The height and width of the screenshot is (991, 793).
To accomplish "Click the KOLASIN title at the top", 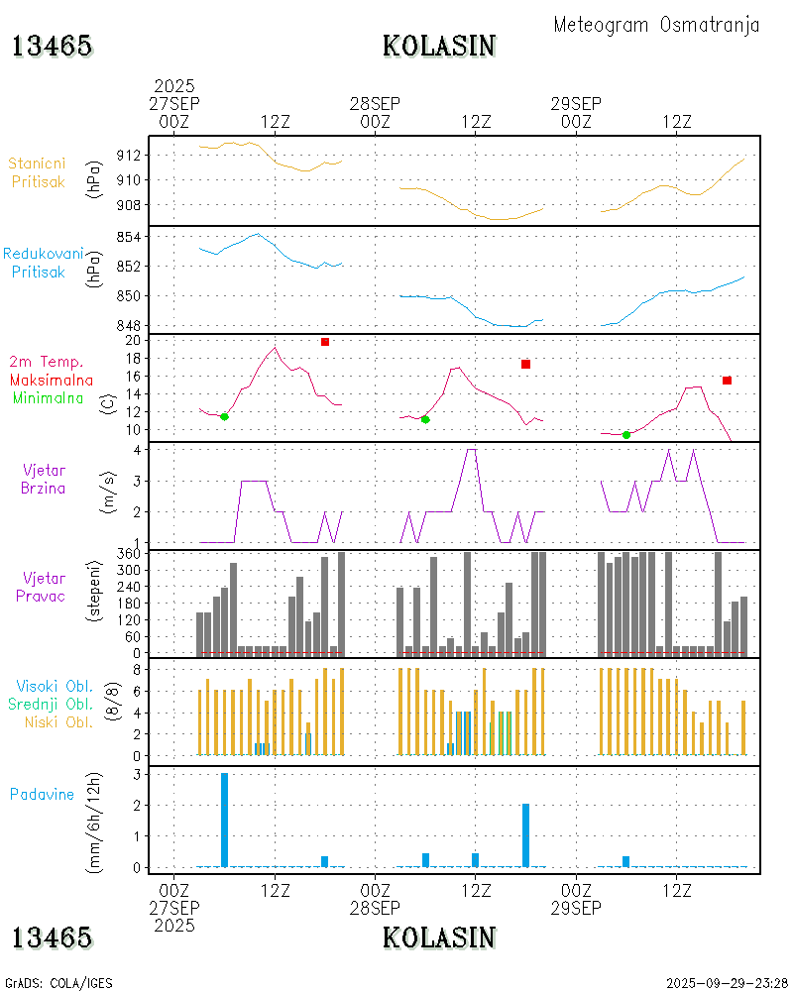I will (x=439, y=46).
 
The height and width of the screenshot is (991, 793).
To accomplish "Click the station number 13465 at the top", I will (x=52, y=46).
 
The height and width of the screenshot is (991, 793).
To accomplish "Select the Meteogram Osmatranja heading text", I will (x=656, y=25).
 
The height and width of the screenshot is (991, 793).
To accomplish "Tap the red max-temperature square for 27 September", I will (x=325, y=342).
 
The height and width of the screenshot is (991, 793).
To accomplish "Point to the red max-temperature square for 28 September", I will (x=525, y=365).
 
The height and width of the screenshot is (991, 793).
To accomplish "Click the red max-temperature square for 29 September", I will (x=727, y=381).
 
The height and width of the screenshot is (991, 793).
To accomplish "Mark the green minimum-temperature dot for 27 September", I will (x=224, y=416).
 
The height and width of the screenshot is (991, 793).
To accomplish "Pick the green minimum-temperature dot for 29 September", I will (x=626, y=434).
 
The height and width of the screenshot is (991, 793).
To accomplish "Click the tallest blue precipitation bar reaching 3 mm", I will (x=224, y=820).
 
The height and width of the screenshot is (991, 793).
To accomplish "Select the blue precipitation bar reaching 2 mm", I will (x=525, y=834).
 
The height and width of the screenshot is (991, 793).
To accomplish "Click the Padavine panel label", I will (x=42, y=794).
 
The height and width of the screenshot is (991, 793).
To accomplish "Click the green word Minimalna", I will (x=48, y=397).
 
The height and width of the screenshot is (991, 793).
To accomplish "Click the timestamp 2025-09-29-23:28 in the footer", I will (x=727, y=983).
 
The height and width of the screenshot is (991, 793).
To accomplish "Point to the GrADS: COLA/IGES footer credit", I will (x=59, y=983).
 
